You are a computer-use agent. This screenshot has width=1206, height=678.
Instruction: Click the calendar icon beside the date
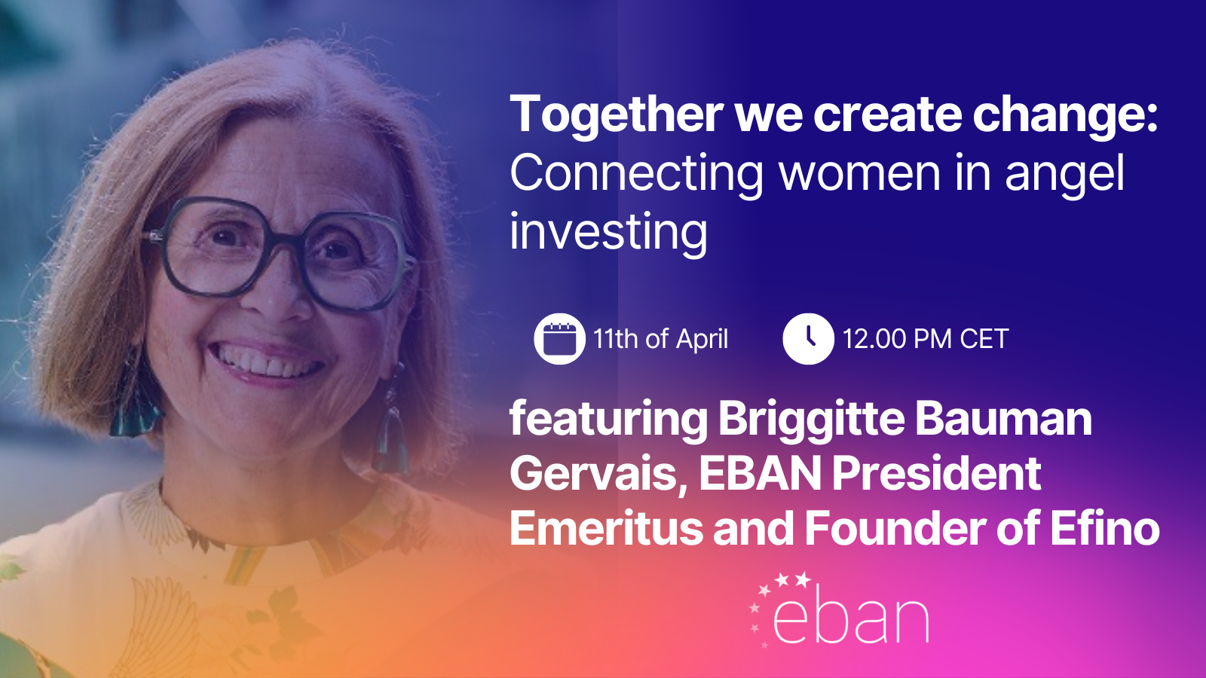(x=559, y=339)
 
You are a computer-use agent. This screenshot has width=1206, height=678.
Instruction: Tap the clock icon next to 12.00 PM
(x=808, y=339)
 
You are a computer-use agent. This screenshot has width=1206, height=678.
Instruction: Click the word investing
(x=608, y=233)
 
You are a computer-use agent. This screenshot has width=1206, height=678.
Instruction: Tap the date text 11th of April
(x=660, y=339)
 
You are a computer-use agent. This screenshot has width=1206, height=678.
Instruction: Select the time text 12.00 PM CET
(x=926, y=339)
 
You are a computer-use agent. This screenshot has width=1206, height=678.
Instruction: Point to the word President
(x=936, y=474)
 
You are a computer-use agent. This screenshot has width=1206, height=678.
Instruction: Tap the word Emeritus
(x=606, y=528)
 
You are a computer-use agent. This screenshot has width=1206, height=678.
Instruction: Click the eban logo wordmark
(x=850, y=618)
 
